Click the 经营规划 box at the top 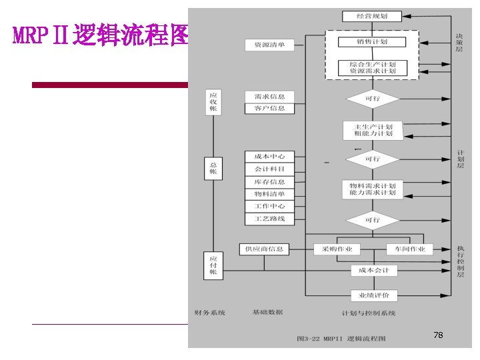(x=372, y=16)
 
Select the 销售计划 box (x=372, y=42)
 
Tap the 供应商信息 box (x=264, y=249)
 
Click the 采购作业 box (x=337, y=249)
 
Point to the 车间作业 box (x=409, y=249)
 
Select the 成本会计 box (x=374, y=271)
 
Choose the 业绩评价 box (x=374, y=295)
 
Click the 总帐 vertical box (x=213, y=167)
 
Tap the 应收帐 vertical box (x=213, y=102)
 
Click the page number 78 (x=438, y=335)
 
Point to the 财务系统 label (x=210, y=312)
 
